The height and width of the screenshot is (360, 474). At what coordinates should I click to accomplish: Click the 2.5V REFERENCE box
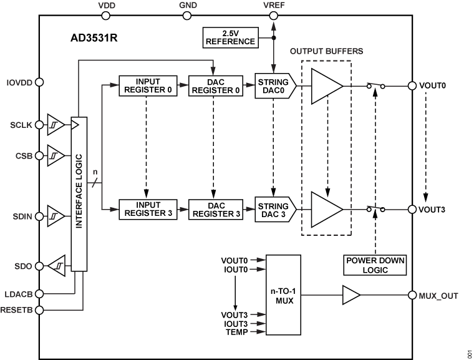(231, 37)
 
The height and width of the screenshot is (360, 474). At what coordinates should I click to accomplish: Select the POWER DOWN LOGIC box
(374, 265)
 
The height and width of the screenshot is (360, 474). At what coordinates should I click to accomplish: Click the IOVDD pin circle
(39, 81)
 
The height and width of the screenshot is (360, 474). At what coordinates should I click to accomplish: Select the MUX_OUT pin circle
(412, 295)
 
